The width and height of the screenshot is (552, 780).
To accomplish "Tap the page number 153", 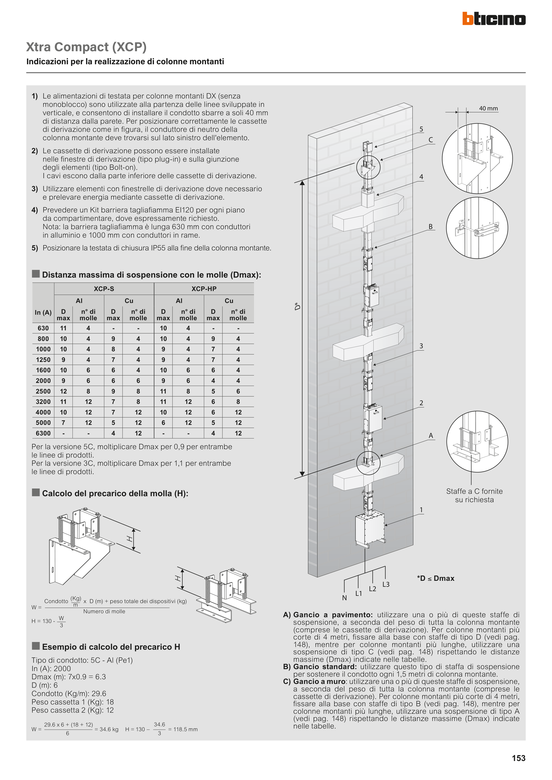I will point(518,758).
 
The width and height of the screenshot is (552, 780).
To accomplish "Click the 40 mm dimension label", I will point(488,108).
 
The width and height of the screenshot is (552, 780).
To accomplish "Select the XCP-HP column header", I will point(204,289).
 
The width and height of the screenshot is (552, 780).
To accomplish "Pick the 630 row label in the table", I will point(43,328).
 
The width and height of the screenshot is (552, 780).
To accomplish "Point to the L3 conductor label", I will point(386,584).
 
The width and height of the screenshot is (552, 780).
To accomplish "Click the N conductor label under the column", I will point(344,598).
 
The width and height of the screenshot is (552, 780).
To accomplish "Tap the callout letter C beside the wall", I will point(431,140).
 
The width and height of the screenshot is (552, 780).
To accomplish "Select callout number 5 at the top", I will point(421,129).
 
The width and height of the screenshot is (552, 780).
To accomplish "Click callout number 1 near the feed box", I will point(421,509).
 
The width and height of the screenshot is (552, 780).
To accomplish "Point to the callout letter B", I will point(431,227).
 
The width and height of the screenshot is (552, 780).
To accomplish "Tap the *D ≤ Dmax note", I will point(436,578).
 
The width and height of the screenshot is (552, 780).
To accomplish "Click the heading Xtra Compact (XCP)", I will point(86,47).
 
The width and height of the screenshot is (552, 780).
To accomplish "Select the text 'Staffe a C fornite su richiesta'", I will point(474,495).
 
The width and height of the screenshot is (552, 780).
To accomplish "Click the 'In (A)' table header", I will point(43,312).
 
